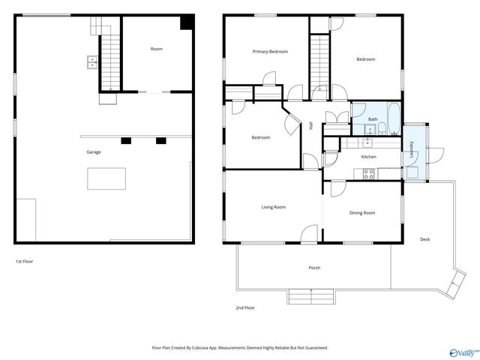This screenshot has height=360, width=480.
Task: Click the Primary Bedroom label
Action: (x=270, y=52)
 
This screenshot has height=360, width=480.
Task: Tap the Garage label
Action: (x=93, y=152)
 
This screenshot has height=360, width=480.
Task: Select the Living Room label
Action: (x=273, y=207)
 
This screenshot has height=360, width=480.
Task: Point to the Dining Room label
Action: (x=362, y=213)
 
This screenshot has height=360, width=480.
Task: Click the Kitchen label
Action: (x=368, y=157)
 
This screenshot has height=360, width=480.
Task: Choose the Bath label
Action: (x=373, y=119)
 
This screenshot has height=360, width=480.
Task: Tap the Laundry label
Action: (x=412, y=150)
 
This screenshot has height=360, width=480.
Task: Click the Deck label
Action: (x=424, y=239)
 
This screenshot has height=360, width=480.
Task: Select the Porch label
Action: (x=314, y=268)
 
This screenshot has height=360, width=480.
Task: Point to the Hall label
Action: (x=310, y=126)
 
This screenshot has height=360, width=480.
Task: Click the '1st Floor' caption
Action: (x=25, y=261)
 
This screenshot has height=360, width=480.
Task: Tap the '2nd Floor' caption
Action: (x=245, y=307)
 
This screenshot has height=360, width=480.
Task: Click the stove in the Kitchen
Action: (x=369, y=174)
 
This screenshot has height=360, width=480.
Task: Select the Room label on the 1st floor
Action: (x=156, y=49)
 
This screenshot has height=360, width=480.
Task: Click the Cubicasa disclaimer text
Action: (x=240, y=347)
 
